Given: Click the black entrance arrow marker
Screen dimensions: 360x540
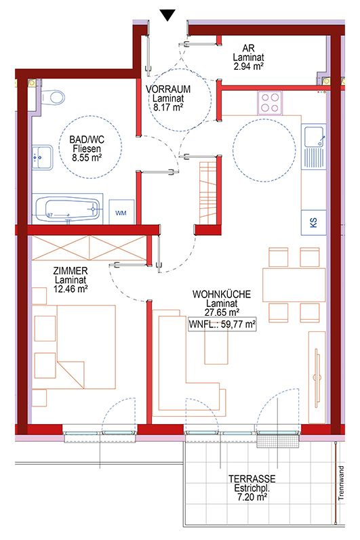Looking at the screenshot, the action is click(167, 15).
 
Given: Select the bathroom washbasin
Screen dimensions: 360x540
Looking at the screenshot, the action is click(43, 157).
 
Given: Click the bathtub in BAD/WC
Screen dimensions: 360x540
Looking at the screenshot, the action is click(68, 209).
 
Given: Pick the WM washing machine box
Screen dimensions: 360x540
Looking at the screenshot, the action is click(121, 212).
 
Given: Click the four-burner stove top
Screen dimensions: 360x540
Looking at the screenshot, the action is click(269, 103).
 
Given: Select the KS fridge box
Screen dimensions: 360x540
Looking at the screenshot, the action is click(313, 222).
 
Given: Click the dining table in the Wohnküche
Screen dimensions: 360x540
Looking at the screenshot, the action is click(294, 285).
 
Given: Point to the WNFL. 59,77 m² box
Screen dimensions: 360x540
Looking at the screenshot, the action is click(222, 324).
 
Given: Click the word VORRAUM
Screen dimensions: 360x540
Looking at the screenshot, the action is click(168, 89).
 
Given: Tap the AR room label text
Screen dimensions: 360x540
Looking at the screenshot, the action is click(248, 48).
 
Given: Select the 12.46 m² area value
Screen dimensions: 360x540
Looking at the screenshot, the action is click(71, 289).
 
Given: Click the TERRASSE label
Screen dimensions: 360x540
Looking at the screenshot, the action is click(252, 479).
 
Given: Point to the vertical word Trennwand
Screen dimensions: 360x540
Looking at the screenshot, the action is click(342, 483).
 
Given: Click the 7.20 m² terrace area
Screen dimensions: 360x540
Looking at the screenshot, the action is click(252, 497).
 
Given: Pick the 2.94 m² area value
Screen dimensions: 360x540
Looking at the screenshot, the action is click(248, 66).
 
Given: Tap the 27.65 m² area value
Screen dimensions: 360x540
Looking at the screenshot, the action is click(222, 312).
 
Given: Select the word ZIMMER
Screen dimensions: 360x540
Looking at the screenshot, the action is click(71, 271).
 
